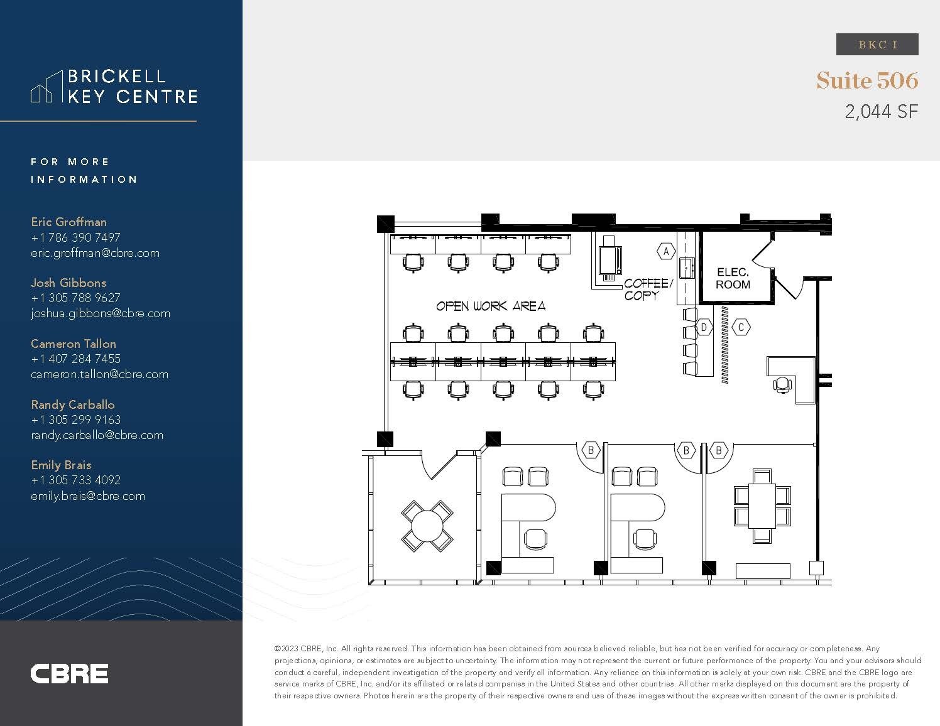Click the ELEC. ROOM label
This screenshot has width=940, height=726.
tap(733, 278)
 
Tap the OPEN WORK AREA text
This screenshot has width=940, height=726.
tap(491, 306)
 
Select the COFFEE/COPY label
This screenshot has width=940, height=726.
tap(647, 290)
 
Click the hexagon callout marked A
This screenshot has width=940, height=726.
tap(666, 252)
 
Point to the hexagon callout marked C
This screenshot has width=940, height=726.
tap(741, 327)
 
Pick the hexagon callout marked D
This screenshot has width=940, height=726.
tap(704, 327)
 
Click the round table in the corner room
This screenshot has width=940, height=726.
tap(427, 525)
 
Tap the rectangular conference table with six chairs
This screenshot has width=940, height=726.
tap(762, 506)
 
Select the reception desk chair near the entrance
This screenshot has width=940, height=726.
tap(783, 384)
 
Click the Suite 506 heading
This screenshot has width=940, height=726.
tap(867, 80)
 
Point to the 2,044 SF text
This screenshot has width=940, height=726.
tap(881, 112)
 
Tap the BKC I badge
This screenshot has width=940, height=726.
tap(877, 45)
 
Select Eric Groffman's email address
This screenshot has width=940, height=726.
tap(95, 253)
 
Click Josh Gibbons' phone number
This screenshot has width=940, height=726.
tap(75, 298)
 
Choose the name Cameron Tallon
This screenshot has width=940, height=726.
tap(74, 344)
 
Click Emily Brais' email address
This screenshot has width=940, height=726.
tap(88, 496)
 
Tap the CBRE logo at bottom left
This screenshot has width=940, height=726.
tap(69, 673)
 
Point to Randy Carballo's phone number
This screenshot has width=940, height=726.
tap(75, 420)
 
